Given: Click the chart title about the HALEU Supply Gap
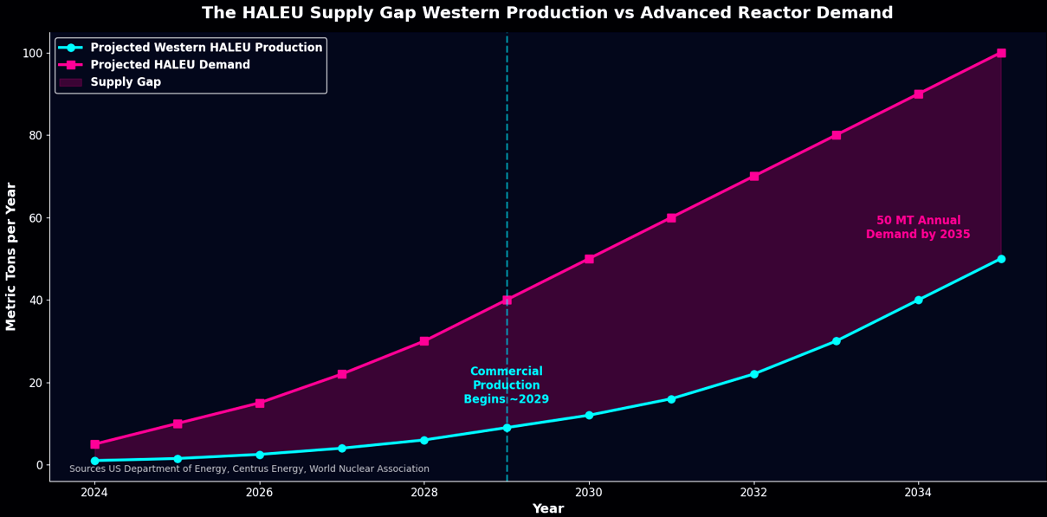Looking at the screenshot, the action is click(x=547, y=13).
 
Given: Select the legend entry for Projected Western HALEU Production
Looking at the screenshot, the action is click(x=191, y=48).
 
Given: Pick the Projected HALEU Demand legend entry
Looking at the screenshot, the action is click(x=155, y=64).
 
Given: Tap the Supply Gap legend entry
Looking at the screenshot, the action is click(x=110, y=81).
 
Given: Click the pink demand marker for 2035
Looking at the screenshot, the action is click(x=1001, y=53).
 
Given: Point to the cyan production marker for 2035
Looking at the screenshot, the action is click(x=1001, y=259).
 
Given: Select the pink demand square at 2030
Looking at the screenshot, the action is click(x=589, y=259).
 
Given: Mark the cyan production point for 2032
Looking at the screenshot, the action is click(x=754, y=374).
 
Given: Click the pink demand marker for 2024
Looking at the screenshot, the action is click(x=95, y=444).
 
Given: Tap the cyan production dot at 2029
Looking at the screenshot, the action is click(x=507, y=428).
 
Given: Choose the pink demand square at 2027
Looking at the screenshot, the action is click(x=342, y=374).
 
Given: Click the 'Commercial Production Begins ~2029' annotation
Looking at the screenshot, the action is click(x=507, y=385).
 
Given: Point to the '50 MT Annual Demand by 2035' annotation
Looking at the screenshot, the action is click(x=918, y=227).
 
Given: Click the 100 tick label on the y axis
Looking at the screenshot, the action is click(x=33, y=54).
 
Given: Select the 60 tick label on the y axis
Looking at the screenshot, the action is click(x=36, y=218).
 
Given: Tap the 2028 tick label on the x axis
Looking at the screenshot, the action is click(x=424, y=492).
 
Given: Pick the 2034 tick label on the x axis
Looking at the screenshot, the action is click(x=918, y=492).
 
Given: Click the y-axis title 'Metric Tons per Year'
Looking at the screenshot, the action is click(x=10, y=256).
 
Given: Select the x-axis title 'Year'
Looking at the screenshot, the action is click(x=548, y=508).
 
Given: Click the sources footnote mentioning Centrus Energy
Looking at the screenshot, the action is click(x=249, y=469).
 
